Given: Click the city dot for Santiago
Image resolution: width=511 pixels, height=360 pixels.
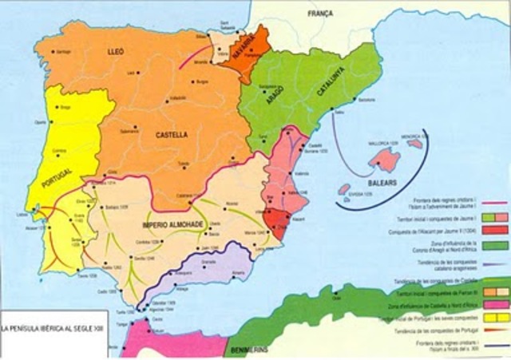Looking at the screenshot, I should pyautogui.click(x=53, y=51).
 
